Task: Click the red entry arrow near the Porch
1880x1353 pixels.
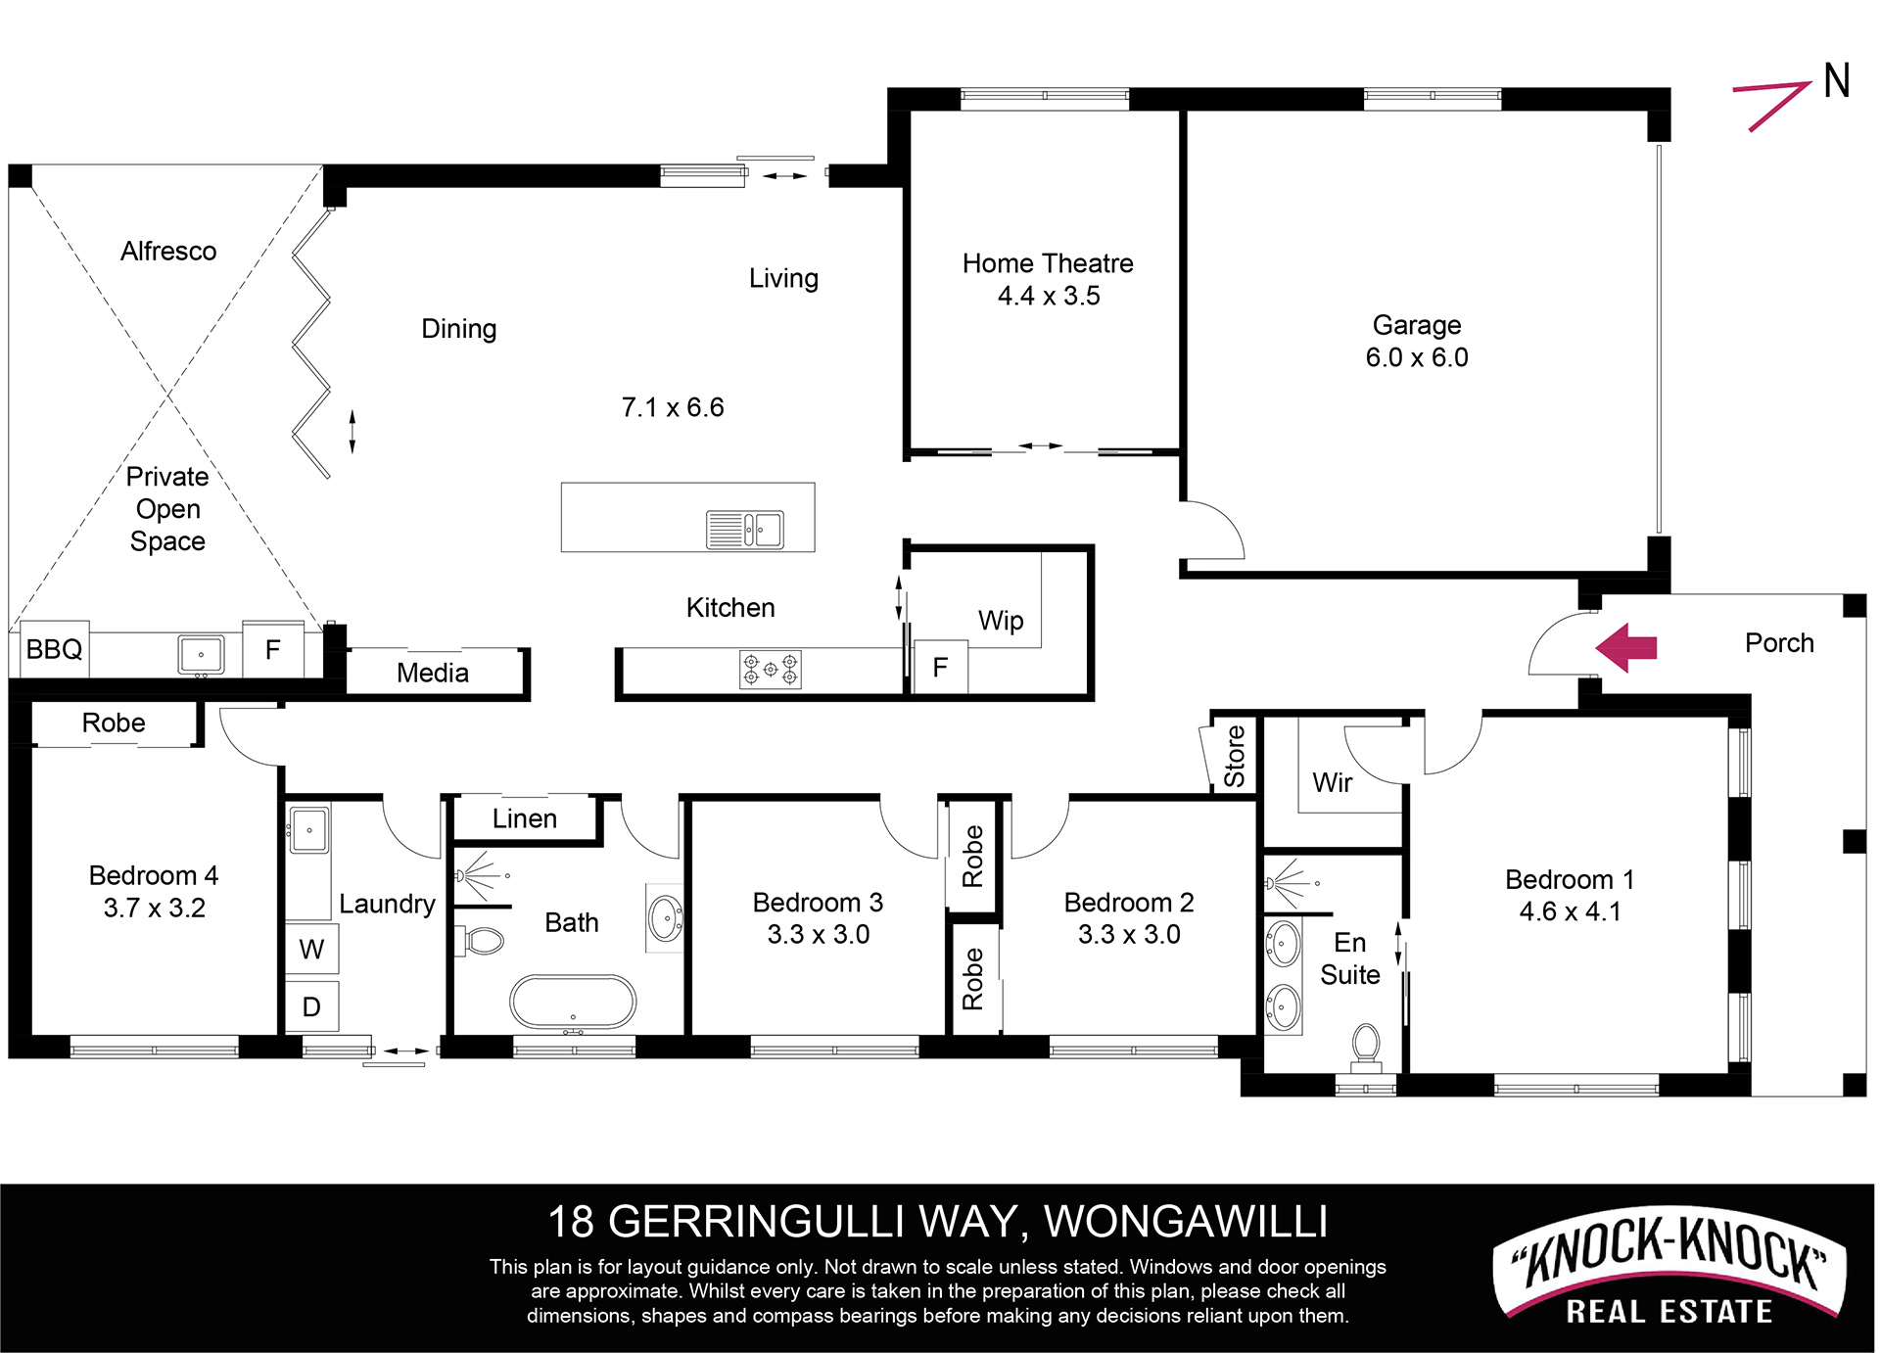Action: tap(1625, 647)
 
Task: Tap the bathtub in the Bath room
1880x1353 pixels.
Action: tap(573, 1002)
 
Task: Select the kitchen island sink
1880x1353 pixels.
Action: tap(745, 530)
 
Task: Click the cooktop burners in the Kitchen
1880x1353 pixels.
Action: tap(770, 670)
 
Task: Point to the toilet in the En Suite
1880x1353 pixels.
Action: tap(1366, 1046)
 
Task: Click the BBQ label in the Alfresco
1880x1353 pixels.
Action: tap(55, 649)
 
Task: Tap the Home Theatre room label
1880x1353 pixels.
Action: tap(1048, 263)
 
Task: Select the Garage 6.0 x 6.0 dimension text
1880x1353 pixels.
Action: tap(1417, 357)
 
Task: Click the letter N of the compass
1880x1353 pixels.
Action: tap(1837, 80)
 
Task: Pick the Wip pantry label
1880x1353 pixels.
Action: tap(1001, 621)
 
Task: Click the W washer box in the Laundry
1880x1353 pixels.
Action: tap(312, 949)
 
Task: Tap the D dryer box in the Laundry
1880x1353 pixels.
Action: tap(312, 1006)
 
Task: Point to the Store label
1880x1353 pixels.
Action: tap(1235, 756)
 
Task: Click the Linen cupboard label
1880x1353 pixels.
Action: tap(525, 818)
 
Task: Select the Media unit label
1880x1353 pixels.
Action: tap(433, 673)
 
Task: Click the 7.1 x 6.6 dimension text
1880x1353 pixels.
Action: tap(673, 407)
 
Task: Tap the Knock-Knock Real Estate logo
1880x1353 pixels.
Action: tap(1668, 1269)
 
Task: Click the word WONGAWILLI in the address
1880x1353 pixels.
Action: tap(1186, 1222)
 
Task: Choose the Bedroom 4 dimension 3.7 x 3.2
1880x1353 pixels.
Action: tap(155, 908)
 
